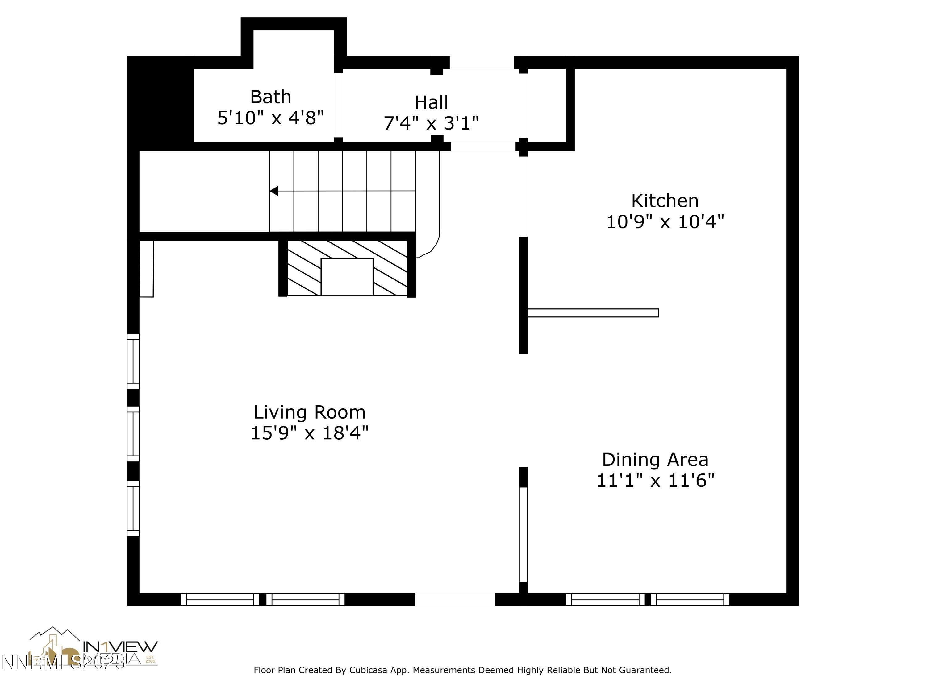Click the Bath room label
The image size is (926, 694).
click(270, 97)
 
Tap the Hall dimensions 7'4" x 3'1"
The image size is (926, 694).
click(431, 123)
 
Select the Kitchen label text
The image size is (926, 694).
click(665, 201)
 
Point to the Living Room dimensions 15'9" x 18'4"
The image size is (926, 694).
click(309, 433)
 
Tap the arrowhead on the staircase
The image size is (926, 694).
click(274, 191)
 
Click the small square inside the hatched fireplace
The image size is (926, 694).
click(347, 277)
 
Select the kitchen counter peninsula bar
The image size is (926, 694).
click(593, 313)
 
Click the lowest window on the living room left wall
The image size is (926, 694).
click(133, 508)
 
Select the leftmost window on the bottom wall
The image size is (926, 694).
click(220, 599)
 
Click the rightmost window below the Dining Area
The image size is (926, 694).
click(692, 599)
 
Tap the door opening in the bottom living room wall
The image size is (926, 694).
click(455, 599)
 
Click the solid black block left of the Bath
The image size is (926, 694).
click(160, 102)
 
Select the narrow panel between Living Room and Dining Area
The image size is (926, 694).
click(523, 534)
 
